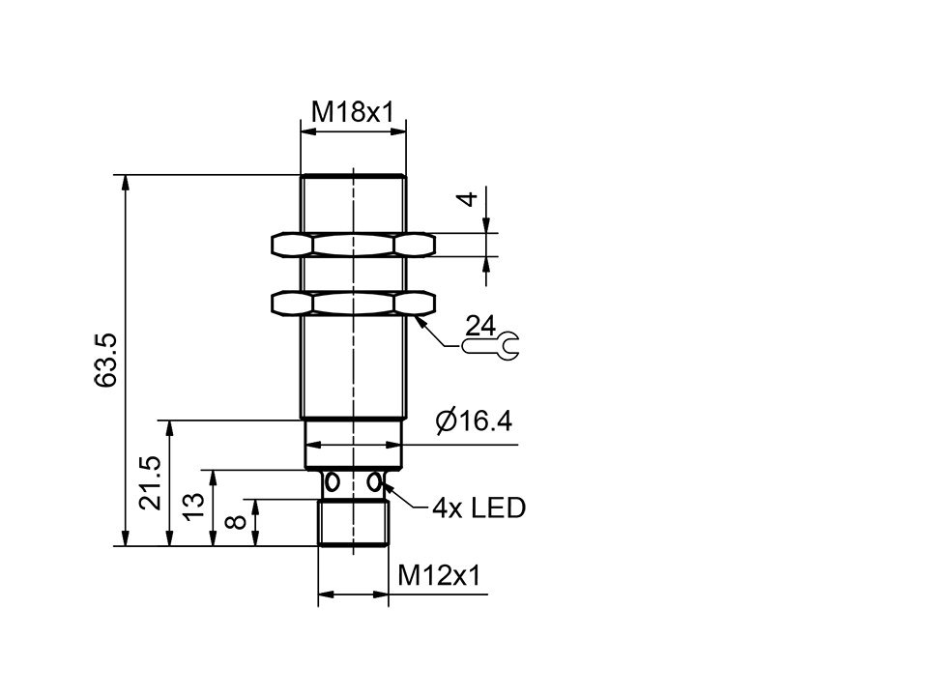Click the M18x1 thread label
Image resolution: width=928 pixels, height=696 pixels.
click(x=353, y=111)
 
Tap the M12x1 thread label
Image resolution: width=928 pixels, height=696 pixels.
click(x=439, y=574)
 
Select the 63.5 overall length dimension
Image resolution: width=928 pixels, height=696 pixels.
click(x=106, y=361)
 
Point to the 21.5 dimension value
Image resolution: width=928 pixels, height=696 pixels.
click(x=151, y=482)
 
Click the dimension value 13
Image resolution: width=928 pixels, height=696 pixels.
click(x=193, y=507)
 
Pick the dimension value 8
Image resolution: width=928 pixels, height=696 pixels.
click(x=237, y=521)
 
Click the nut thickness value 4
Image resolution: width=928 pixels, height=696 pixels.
click(x=468, y=199)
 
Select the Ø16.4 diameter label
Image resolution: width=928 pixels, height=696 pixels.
click(x=474, y=420)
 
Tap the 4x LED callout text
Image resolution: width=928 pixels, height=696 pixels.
click(x=478, y=507)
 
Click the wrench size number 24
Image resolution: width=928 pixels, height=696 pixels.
click(x=480, y=326)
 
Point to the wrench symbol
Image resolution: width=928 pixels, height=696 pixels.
click(x=491, y=346)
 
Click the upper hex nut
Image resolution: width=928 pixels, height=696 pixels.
click(x=354, y=245)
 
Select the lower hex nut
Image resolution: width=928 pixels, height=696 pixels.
click(x=354, y=303)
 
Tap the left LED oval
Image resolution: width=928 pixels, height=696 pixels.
click(x=333, y=482)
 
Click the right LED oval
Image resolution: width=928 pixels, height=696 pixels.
click(x=374, y=482)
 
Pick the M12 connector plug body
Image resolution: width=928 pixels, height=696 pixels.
click(x=354, y=523)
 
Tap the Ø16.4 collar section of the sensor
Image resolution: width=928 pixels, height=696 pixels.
click(x=354, y=444)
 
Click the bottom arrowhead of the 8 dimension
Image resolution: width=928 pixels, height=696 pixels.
click(x=255, y=537)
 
